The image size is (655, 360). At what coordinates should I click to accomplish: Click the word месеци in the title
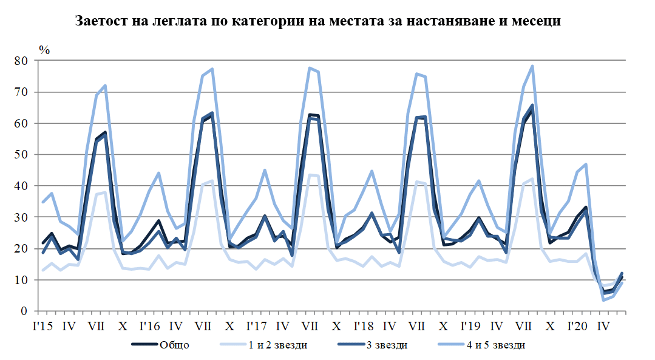(x=535, y=21)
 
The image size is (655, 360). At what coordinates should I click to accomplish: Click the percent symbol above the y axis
(x=44, y=50)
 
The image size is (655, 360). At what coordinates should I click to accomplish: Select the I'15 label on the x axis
(x=42, y=325)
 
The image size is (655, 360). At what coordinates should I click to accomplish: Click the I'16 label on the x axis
(x=149, y=325)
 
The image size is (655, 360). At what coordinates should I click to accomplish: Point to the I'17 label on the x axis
(x=256, y=325)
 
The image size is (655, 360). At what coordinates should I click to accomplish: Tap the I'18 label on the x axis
(x=363, y=325)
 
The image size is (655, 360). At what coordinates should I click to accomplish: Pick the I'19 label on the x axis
(x=470, y=325)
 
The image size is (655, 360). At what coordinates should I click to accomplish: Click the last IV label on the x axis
(x=603, y=325)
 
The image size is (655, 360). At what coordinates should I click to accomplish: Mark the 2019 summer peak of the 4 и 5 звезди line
(x=532, y=66)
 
